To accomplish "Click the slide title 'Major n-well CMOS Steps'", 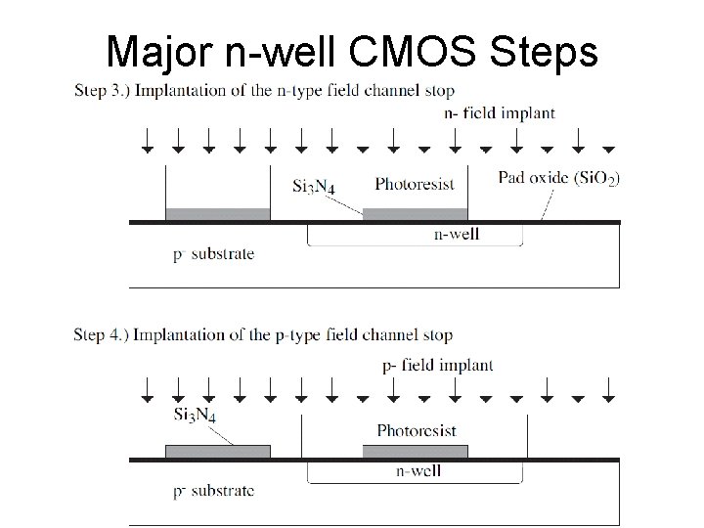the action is coord(352,50).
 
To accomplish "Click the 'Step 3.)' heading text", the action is coord(101,92).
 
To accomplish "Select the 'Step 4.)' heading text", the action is coord(101,335).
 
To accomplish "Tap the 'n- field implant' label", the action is coord(500,112).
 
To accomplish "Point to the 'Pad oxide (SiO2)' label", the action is coord(558,178).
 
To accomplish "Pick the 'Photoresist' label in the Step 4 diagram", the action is coord(416,430).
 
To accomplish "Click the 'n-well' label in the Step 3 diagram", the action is coord(456,235).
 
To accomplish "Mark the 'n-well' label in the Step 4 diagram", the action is coord(418,470).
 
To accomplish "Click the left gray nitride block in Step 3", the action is coord(217,214).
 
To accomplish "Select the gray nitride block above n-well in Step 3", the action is coord(415,214).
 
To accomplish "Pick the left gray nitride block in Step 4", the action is coord(217,451).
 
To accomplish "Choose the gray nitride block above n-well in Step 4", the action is coord(415,451).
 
